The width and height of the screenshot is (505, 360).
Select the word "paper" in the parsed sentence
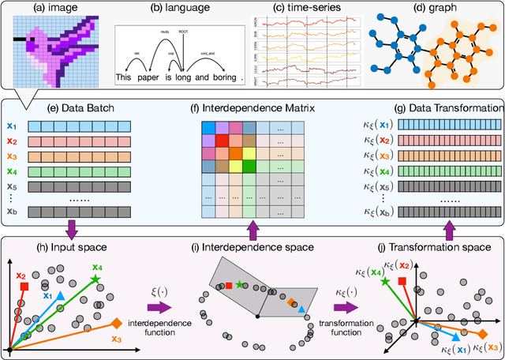point(148,78)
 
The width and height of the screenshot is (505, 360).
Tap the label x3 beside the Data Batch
point(12,155)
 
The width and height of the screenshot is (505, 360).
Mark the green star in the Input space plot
point(95,279)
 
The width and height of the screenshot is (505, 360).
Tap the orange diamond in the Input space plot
point(117,323)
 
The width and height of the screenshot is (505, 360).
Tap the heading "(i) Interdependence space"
point(252,249)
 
